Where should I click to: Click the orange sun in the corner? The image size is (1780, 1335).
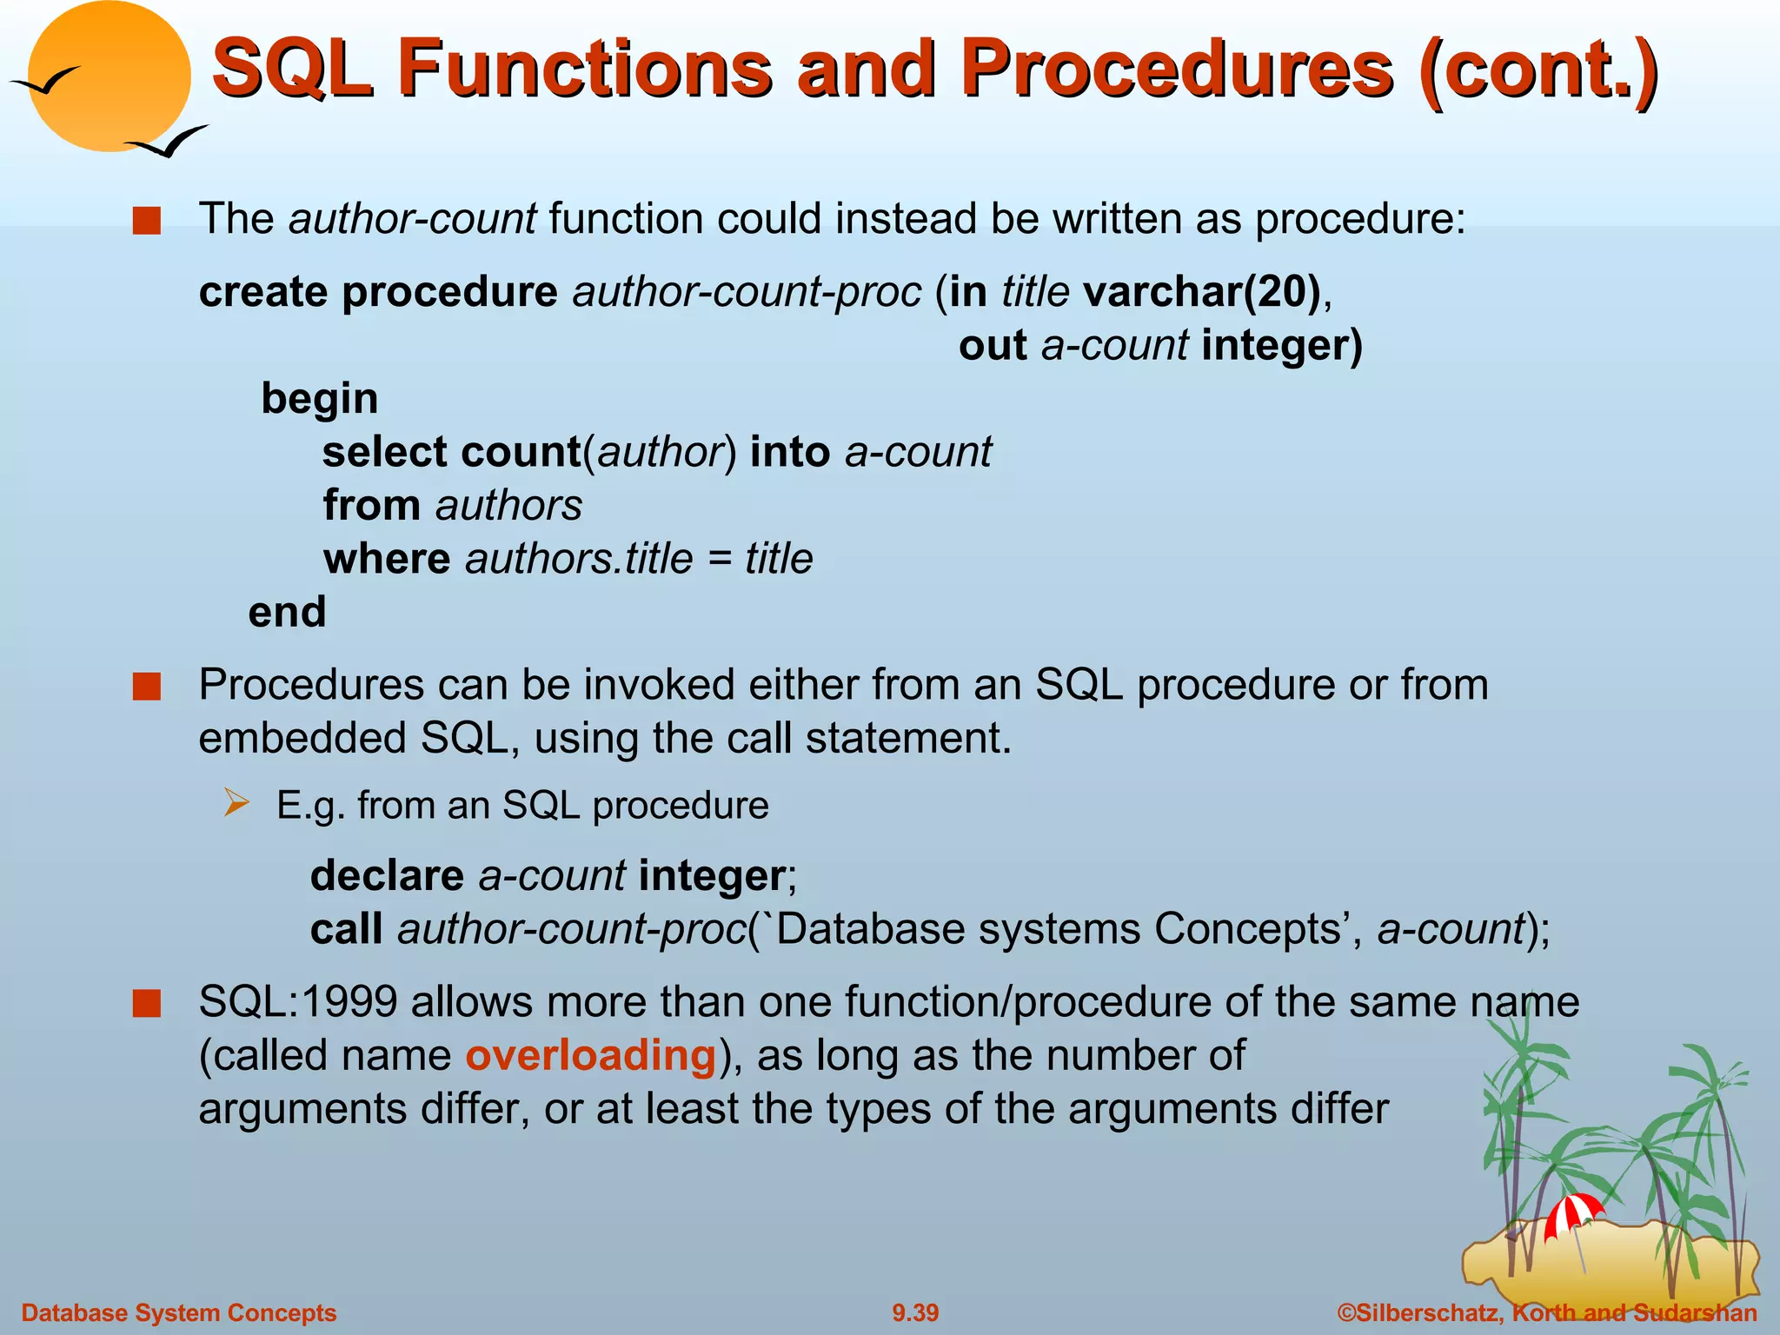coord(110,76)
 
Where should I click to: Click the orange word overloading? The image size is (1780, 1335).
coord(590,1056)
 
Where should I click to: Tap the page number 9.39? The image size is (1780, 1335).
coord(915,1312)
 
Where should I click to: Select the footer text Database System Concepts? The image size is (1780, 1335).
coord(179,1312)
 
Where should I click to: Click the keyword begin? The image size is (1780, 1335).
coord(319,399)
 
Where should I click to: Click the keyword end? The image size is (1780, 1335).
coord(287,612)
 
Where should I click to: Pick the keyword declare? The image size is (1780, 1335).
coord(387,875)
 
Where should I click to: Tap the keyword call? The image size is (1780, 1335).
coord(346,929)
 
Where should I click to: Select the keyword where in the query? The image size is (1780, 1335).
coord(387,559)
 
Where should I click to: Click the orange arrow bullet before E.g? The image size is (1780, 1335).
coord(236,803)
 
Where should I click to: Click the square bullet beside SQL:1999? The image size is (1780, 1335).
coord(147,1004)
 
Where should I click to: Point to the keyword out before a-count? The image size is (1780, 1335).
coord(993,346)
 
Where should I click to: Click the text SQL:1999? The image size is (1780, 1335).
coord(298,1002)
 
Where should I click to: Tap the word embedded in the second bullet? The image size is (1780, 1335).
coord(302,739)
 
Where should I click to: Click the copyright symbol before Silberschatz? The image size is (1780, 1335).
coord(1347,1312)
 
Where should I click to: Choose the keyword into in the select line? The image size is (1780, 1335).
coord(789,453)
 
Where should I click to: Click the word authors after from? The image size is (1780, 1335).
coord(508,506)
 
